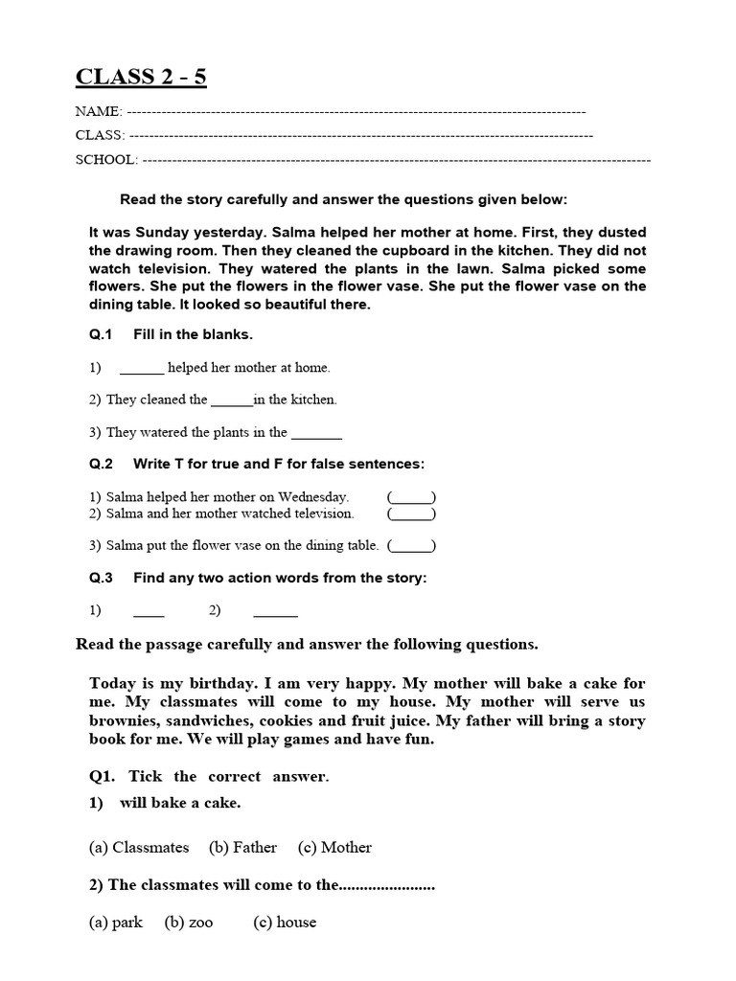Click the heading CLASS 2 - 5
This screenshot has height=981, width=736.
(141, 78)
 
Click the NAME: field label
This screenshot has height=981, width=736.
(99, 111)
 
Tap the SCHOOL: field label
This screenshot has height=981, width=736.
(106, 160)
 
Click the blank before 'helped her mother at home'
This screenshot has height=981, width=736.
(142, 369)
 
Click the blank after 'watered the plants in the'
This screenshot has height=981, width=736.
(316, 433)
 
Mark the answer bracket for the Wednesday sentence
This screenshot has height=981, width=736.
(412, 497)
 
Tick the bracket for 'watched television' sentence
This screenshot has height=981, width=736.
(412, 513)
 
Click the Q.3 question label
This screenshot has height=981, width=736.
(102, 578)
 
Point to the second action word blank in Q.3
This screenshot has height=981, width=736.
(275, 610)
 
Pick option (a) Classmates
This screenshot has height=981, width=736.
(139, 847)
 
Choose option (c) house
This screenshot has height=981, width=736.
(285, 923)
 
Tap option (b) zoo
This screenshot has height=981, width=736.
(189, 923)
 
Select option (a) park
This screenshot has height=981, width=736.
(116, 923)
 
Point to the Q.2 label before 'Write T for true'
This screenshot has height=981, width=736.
(102, 464)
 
